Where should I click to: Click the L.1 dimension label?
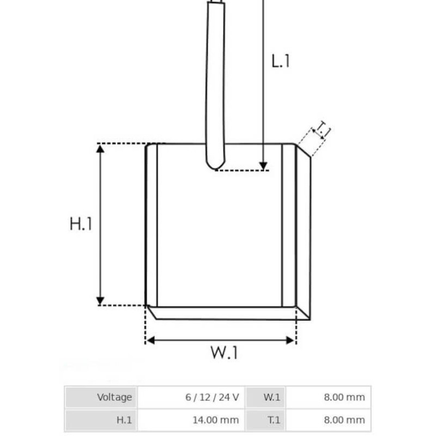click(281, 60)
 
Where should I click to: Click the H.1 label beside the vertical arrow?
click(81, 224)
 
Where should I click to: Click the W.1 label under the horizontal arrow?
click(225, 353)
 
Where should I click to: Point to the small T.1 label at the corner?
click(323, 130)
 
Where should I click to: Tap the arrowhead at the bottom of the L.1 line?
click(263, 166)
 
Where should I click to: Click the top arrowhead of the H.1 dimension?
click(100, 149)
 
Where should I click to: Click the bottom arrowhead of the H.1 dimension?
click(100, 300)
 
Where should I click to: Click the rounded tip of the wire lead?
click(215, 163)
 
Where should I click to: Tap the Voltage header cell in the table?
click(101, 397)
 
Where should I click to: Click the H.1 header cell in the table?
click(101, 420)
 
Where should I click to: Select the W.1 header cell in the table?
click(265, 397)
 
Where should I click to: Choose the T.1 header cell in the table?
click(265, 420)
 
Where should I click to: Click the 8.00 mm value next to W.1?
click(329, 397)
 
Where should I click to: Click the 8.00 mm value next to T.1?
click(329, 420)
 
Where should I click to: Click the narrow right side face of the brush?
click(304, 234)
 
